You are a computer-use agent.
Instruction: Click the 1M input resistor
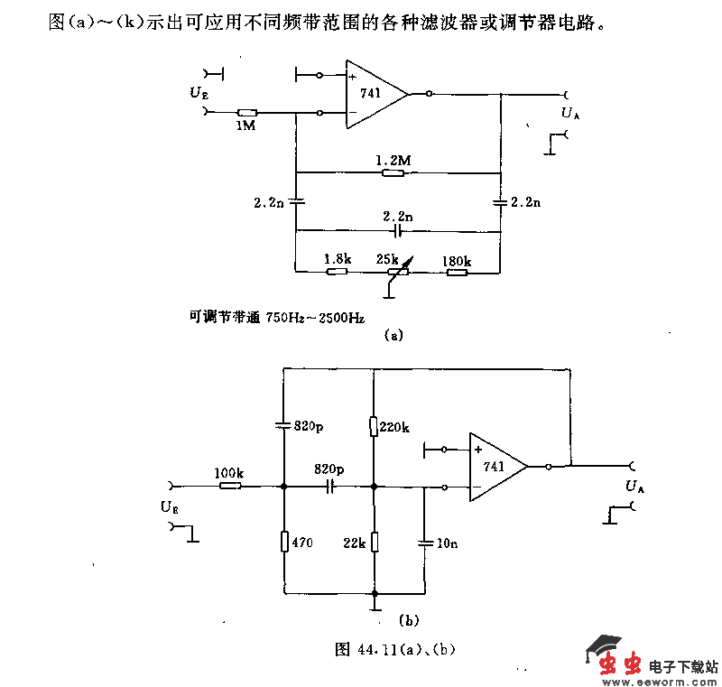pos(244,112)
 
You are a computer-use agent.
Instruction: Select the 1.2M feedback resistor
pos(393,172)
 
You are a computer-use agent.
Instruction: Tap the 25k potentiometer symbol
pos(393,270)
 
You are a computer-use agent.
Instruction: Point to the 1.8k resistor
pos(337,270)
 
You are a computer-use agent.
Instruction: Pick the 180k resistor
pos(457,270)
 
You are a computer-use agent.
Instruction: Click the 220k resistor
pos(374,425)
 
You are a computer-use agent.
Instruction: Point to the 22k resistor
pos(374,542)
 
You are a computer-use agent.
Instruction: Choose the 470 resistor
pos(284,542)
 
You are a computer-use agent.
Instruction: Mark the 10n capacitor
pos(424,543)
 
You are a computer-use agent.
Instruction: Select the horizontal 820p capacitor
pos(329,487)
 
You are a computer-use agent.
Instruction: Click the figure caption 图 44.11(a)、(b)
pos(389,648)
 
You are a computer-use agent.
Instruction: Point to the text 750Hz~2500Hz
pos(315,317)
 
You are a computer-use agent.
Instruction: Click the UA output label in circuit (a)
pos(569,113)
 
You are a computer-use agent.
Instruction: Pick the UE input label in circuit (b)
pos(169,506)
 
